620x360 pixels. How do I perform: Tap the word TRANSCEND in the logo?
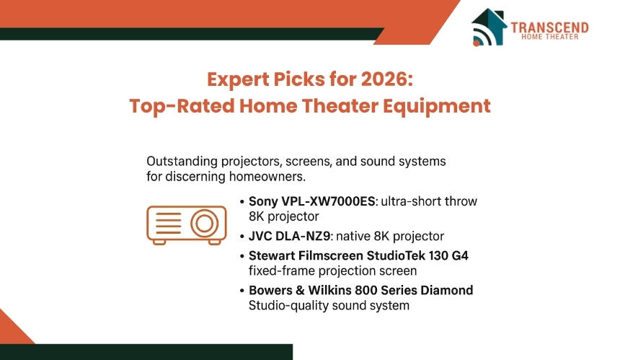pos(549,27)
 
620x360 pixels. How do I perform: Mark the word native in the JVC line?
pos(353,236)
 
